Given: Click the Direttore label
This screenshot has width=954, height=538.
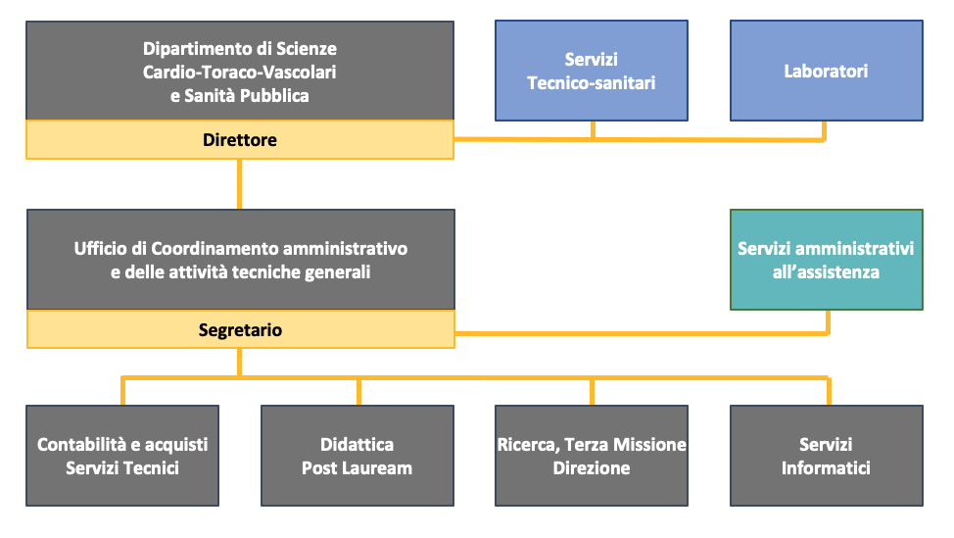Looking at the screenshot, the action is (x=240, y=140).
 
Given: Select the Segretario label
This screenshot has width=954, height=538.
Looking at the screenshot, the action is (x=240, y=330).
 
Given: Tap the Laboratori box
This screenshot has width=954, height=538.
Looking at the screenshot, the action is (x=827, y=71).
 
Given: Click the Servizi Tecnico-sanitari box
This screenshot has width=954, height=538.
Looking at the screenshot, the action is (x=592, y=71).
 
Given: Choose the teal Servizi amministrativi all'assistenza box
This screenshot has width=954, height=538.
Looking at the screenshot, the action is (x=827, y=260).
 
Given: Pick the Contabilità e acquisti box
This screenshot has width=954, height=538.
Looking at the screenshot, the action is (x=122, y=456).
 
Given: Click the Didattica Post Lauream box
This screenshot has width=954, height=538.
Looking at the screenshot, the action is (x=358, y=456).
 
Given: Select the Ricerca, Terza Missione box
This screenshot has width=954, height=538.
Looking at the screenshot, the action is (x=592, y=456).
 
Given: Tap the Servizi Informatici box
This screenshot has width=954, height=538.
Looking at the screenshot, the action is (x=827, y=456).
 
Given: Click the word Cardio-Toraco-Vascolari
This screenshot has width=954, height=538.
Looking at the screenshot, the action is (x=240, y=72).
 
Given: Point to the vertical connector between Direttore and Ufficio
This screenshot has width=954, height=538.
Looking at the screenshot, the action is (x=239, y=184).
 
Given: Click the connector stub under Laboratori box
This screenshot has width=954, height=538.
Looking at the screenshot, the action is (x=825, y=130).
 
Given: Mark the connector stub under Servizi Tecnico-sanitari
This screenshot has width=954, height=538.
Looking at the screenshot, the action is (x=593, y=129).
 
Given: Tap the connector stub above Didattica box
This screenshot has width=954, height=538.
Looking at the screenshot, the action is (x=358, y=392).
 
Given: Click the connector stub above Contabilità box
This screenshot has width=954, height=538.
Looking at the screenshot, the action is (x=122, y=392).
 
